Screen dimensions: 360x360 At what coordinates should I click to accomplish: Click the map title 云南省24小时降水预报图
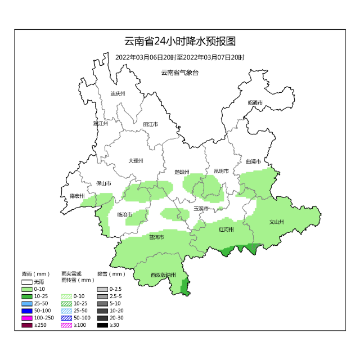(x=179, y=42)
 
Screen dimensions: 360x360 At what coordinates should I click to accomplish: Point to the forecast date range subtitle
(x=179, y=57)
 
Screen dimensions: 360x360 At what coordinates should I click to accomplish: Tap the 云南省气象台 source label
(x=179, y=73)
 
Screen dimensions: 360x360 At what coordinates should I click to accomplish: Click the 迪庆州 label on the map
(x=118, y=93)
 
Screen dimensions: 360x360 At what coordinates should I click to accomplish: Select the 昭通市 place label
(x=255, y=103)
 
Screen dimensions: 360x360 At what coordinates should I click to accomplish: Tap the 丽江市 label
(x=150, y=124)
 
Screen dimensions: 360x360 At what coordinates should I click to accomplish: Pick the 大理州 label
(x=136, y=161)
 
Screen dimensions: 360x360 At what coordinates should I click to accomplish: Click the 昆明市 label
(x=221, y=172)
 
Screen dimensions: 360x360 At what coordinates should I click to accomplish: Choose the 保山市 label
(x=103, y=183)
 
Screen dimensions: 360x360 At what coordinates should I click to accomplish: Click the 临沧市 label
(x=124, y=214)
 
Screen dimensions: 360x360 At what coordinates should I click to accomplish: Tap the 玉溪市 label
(x=201, y=209)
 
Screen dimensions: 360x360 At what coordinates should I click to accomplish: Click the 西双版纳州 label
(x=164, y=275)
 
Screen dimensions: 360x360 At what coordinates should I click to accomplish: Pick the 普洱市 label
(x=156, y=237)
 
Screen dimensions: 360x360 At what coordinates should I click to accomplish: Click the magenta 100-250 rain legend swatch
(x=27, y=318)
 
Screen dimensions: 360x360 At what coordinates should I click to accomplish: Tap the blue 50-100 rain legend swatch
(x=27, y=310)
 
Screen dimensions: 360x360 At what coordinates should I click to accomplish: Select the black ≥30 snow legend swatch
(x=102, y=325)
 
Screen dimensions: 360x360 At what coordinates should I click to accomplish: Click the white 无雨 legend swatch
(x=27, y=281)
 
